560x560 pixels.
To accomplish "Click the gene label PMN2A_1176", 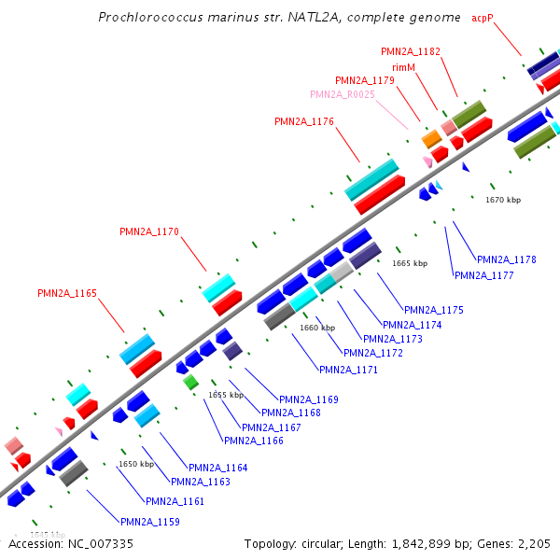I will point(304,121).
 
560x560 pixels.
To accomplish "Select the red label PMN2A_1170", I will point(149,231).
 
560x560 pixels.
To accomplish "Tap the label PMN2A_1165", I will point(67,293).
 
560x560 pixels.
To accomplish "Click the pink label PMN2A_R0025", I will point(343,94).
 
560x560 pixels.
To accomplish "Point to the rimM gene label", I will point(403,67).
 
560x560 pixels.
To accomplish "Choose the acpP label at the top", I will point(482,18).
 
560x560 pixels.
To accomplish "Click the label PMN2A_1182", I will point(412,50).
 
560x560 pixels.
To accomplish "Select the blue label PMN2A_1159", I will point(150,522).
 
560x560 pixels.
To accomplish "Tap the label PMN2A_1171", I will point(349,370).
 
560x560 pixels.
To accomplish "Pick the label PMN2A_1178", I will point(507,259).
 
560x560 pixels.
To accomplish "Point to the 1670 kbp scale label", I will point(503,200).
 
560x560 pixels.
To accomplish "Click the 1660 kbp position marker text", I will point(317,328).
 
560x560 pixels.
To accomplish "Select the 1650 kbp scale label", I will point(135,464).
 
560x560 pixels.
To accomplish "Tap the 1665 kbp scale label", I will point(410,263).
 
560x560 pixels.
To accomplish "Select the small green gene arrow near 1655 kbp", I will point(190,382).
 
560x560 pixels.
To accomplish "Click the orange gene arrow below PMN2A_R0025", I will point(431,139).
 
